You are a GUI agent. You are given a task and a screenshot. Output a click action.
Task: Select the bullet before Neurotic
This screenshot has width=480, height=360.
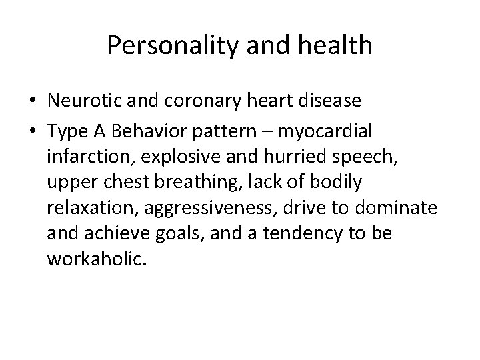click(x=32, y=102)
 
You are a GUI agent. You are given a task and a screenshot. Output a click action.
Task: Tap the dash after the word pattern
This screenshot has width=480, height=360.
click(x=271, y=128)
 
